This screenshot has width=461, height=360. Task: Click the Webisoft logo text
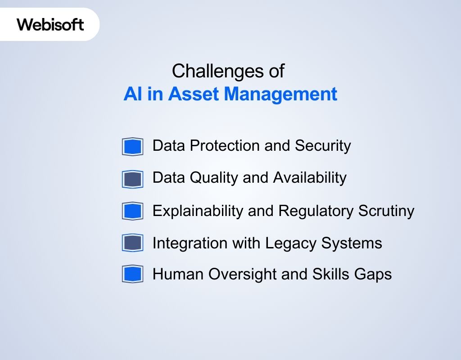pos(50,24)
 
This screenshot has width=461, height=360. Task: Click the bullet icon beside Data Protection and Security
pos(132,147)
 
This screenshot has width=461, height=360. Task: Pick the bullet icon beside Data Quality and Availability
pos(132,179)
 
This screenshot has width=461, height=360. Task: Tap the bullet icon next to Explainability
pos(132,211)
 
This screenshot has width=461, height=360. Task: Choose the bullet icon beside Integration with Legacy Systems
pos(132,243)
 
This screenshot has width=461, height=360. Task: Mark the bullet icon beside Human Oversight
pos(132,274)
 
